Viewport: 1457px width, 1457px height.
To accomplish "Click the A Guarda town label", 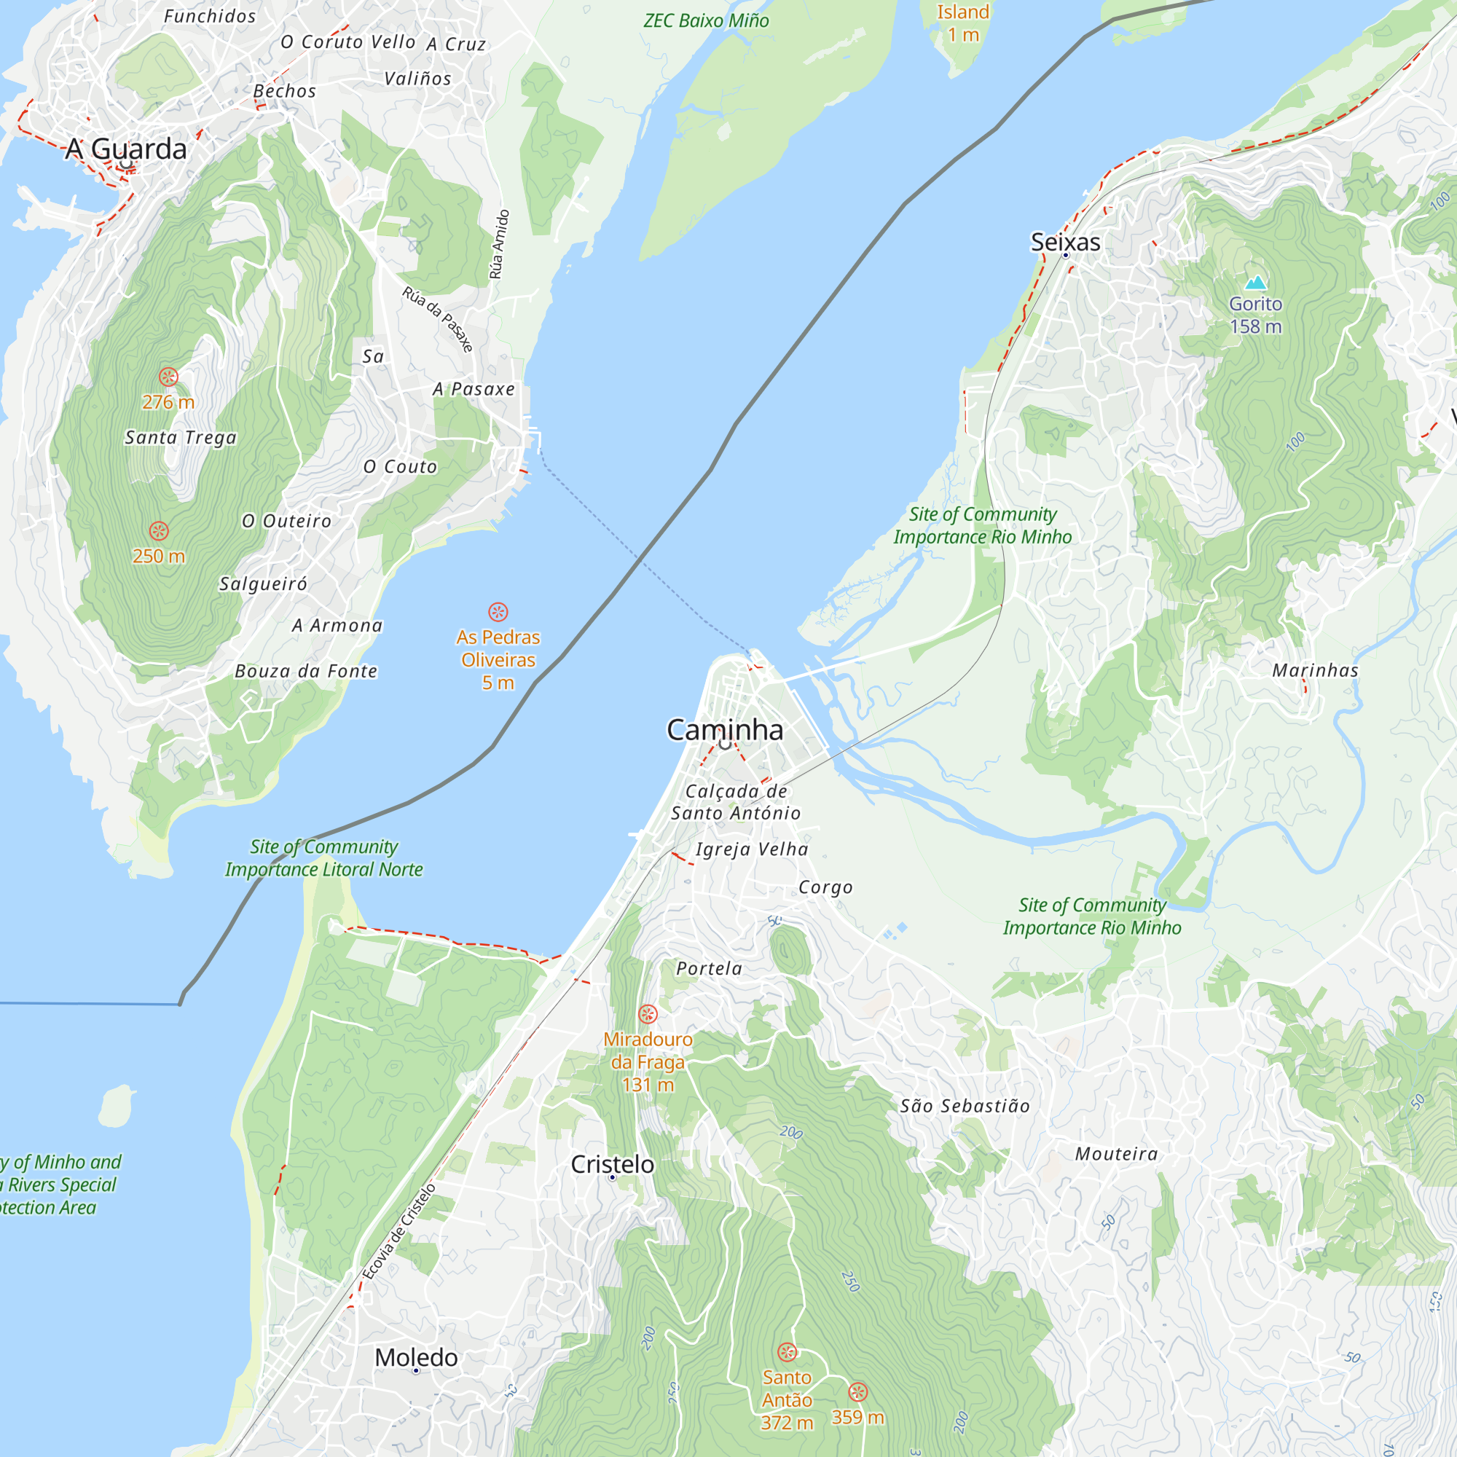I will coord(125,149).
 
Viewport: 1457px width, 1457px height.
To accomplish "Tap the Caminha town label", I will coord(725,729).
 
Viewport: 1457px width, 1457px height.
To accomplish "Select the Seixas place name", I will coord(1065,242).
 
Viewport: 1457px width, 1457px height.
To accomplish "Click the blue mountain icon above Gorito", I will coord(1255,283).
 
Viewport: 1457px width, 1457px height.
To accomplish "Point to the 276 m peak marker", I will coord(168,377).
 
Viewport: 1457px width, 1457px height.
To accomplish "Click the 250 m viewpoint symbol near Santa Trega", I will coord(158,531).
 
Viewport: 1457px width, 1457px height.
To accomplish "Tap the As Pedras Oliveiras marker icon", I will coord(498,612).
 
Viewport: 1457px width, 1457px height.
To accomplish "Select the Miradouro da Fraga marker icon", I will coord(648,1013).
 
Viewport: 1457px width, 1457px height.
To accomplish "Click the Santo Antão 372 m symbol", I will coord(787,1351).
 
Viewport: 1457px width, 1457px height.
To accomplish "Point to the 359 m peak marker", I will coord(857,1391).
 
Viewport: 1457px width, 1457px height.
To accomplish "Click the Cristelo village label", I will coord(613,1163).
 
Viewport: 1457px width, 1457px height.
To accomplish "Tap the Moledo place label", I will coord(416,1357).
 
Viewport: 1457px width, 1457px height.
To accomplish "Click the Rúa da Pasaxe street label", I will coord(437,319).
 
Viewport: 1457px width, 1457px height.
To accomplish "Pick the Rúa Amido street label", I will coord(499,244).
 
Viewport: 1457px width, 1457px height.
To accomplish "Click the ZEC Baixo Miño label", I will coord(706,20).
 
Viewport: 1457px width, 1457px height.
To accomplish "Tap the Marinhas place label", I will coord(1315,669).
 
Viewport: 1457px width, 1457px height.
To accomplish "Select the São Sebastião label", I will coord(965,1106).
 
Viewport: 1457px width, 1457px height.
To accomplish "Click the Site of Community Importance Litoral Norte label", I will coord(323,857).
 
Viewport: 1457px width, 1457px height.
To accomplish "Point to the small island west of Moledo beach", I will coord(115,1106).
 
